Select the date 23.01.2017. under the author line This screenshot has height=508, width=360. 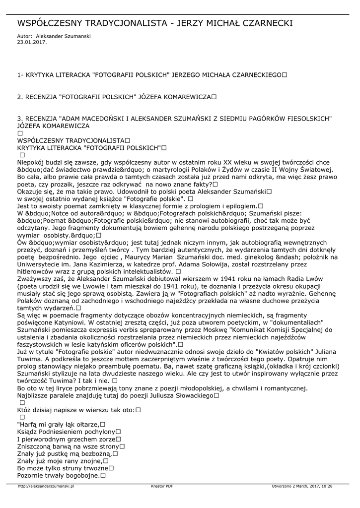click(x=32, y=42)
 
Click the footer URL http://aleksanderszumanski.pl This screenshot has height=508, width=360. click(x=46, y=486)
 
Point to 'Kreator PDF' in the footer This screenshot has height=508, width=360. click(x=162, y=486)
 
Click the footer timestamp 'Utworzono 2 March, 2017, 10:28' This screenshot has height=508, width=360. click(x=302, y=486)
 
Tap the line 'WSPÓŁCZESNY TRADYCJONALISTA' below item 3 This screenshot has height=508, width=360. click(x=71, y=141)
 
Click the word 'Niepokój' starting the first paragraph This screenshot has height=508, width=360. click(x=31, y=162)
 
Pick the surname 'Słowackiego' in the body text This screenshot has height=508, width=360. click(x=191, y=395)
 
